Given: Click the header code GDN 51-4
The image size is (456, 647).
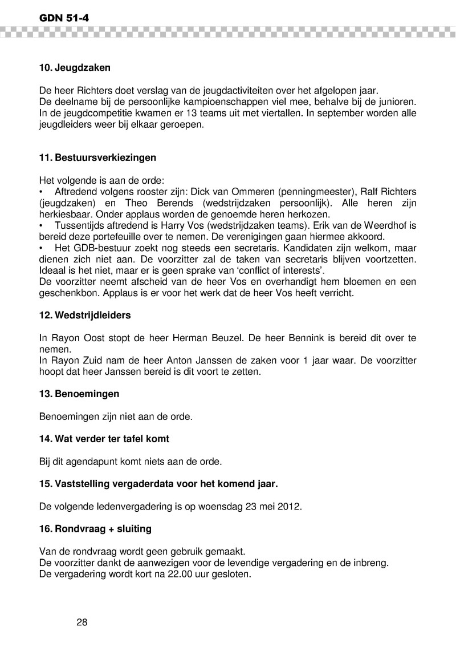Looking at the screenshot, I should tap(64, 19).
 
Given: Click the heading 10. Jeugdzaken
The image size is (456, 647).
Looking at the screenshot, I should tap(75, 67).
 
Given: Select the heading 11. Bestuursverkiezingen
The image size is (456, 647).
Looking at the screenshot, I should tap(97, 155).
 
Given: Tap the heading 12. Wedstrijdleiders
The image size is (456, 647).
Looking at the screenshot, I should tap(85, 316).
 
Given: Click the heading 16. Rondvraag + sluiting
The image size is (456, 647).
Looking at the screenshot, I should tap(95, 528).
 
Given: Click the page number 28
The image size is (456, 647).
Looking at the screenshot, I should tap(82, 622).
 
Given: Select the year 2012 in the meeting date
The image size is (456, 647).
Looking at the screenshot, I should tap(291, 506).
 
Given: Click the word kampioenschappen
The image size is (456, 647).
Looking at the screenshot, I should tap(223, 102).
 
